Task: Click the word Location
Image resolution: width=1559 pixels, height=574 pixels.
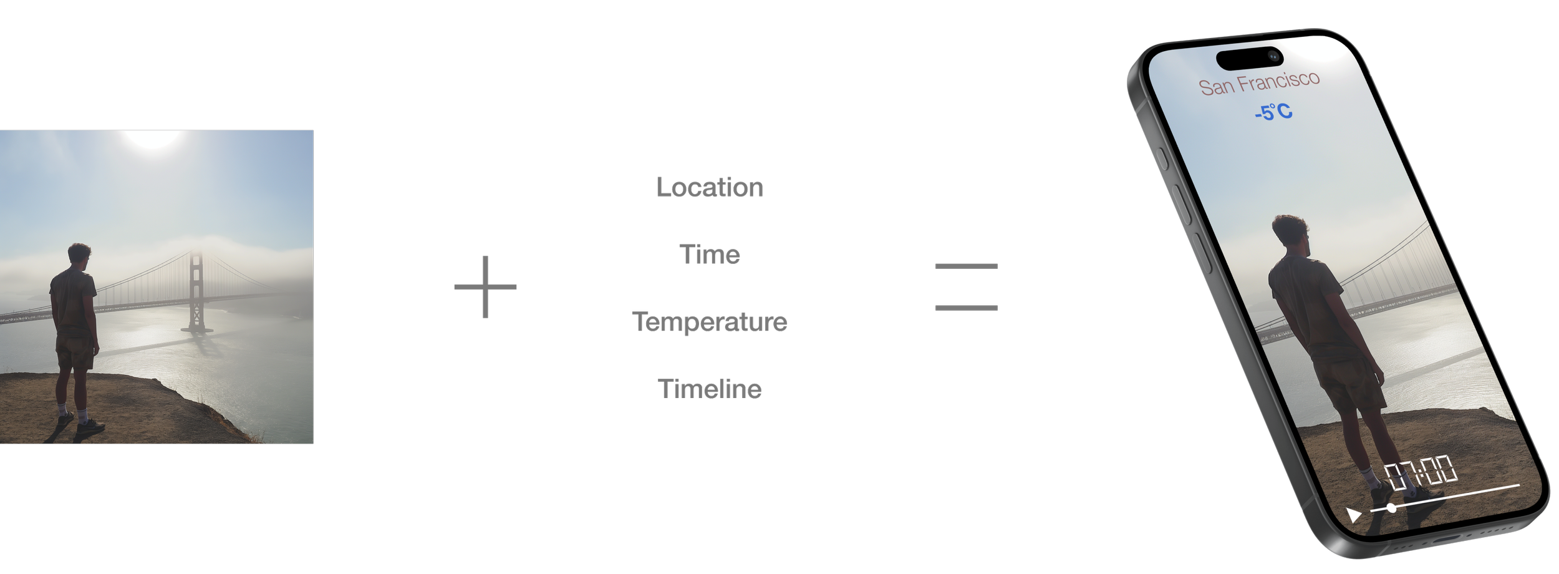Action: pyautogui.click(x=710, y=187)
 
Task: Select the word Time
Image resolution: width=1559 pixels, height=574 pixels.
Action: pyautogui.click(x=710, y=255)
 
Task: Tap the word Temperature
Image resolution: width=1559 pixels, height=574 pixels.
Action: pyautogui.click(x=710, y=322)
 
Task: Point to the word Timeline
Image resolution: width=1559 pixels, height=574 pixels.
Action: pyautogui.click(x=710, y=389)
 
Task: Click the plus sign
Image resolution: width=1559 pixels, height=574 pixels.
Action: pyautogui.click(x=485, y=287)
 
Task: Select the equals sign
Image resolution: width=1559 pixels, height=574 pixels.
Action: pyautogui.click(x=966, y=287)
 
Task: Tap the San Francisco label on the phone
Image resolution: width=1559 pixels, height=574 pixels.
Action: pyautogui.click(x=1259, y=83)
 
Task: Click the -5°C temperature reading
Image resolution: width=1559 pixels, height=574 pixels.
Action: pyautogui.click(x=1273, y=112)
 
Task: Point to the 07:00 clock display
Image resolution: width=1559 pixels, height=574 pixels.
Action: pyautogui.click(x=1421, y=472)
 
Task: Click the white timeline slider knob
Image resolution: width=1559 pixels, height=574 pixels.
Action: pyautogui.click(x=1391, y=508)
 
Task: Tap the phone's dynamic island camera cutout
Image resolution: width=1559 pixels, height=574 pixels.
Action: pyautogui.click(x=1250, y=58)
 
